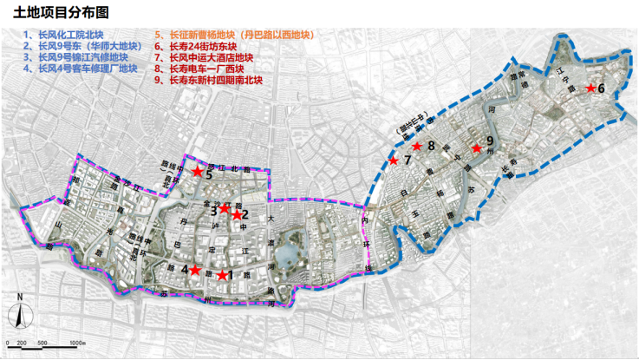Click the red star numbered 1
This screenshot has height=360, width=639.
pos(223,275)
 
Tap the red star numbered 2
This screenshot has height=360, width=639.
pos(236,214)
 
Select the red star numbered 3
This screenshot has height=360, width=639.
pos(224,208)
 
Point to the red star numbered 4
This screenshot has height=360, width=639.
pos(195,270)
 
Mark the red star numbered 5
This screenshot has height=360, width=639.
pos(198,172)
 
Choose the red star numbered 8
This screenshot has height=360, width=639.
pos(417,147)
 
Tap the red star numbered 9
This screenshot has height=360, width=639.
pos(476,148)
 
